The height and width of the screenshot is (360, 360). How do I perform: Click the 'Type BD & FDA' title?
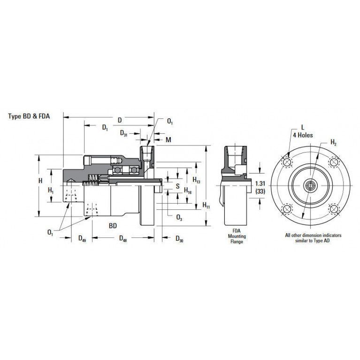tap(29, 116)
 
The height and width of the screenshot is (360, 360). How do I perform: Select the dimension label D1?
tap(105, 127)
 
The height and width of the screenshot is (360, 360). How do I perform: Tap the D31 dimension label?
tap(123, 133)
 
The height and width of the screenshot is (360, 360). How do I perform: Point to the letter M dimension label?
tap(169, 139)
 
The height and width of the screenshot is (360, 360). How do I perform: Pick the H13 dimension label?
tap(196, 180)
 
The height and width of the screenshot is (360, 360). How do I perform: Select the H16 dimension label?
tap(188, 191)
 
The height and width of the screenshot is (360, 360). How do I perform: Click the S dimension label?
tap(178, 186)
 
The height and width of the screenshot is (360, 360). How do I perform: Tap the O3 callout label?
tap(179, 217)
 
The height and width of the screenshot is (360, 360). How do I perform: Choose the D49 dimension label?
tap(82, 238)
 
